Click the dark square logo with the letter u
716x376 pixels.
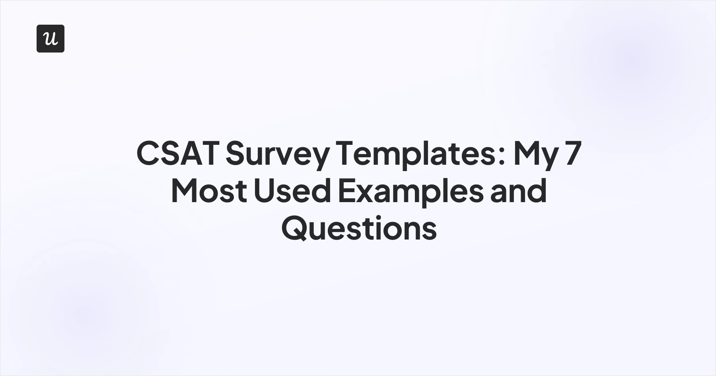51,39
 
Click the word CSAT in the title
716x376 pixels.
178,153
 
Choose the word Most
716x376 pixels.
208,191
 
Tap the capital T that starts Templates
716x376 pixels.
345,153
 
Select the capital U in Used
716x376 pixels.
263,191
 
